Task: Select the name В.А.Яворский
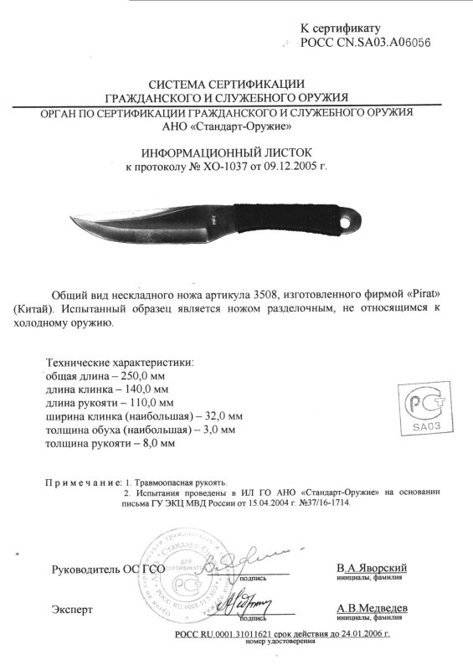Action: (x=372, y=569)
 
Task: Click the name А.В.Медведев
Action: (x=372, y=608)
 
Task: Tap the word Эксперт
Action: (x=72, y=608)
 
